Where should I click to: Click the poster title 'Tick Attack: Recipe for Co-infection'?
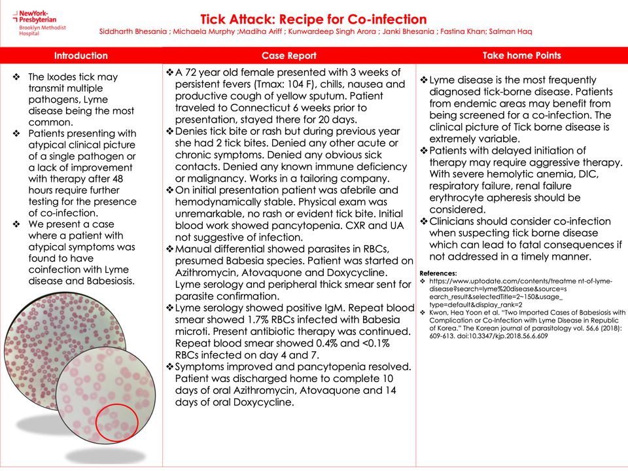(x=313, y=20)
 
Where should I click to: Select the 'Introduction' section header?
(x=80, y=56)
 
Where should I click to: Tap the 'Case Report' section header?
(x=288, y=56)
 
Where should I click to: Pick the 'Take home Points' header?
(x=521, y=56)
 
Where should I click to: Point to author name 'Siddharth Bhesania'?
(x=133, y=31)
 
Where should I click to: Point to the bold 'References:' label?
(x=438, y=273)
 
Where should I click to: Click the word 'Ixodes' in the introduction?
(x=63, y=77)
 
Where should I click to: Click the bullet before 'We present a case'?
(x=16, y=224)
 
